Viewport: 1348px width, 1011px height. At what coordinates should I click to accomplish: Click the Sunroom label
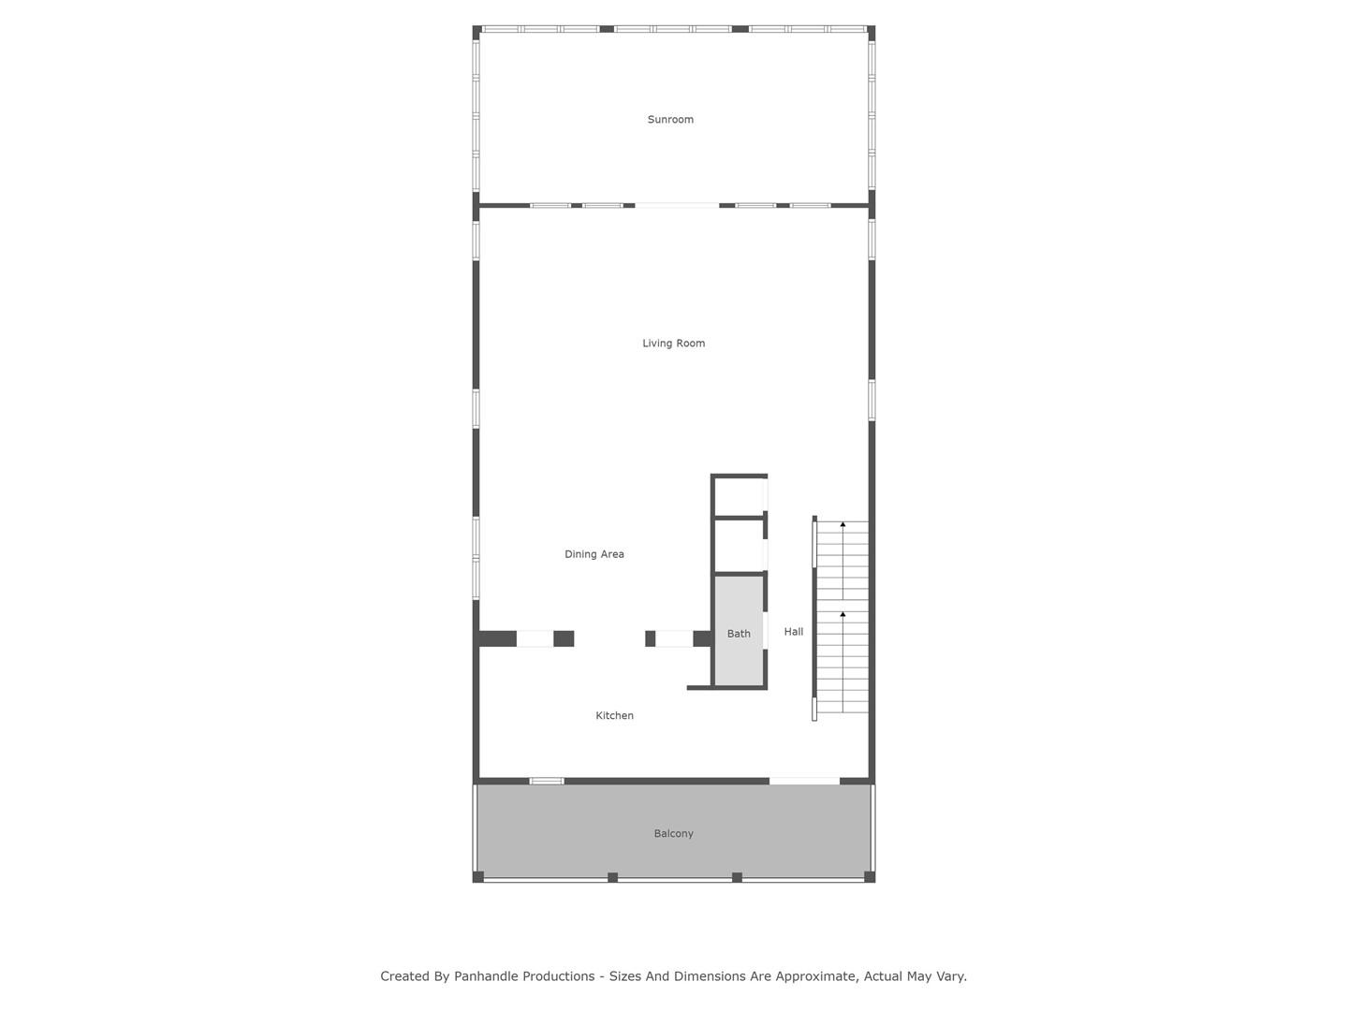(x=670, y=119)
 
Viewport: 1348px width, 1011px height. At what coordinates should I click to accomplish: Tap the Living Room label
(x=674, y=344)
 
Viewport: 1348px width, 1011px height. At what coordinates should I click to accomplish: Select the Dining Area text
(x=593, y=553)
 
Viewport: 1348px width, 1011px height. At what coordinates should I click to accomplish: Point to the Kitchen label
(x=614, y=715)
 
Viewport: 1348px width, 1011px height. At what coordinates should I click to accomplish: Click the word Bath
(x=739, y=634)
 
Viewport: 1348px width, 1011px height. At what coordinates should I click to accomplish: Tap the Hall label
(x=794, y=631)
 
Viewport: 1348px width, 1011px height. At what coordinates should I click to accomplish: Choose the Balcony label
(x=673, y=833)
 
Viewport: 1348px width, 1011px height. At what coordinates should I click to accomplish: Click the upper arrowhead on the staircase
(x=842, y=524)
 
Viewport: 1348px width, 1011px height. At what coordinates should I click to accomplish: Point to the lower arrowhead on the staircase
(x=842, y=614)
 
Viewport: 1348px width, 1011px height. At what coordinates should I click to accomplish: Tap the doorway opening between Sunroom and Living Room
(x=677, y=205)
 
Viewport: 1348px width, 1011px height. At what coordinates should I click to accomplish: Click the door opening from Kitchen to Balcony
(x=804, y=781)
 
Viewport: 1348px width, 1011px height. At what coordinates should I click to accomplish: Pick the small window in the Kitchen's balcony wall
(x=547, y=781)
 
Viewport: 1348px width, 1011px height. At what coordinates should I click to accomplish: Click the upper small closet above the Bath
(x=739, y=496)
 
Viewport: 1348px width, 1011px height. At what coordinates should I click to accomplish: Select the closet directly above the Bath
(x=739, y=545)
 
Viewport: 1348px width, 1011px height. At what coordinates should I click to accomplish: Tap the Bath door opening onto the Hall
(x=765, y=630)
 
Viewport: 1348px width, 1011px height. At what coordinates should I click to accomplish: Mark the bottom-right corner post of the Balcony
(x=870, y=876)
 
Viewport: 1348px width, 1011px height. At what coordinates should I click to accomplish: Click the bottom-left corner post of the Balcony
(x=477, y=876)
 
